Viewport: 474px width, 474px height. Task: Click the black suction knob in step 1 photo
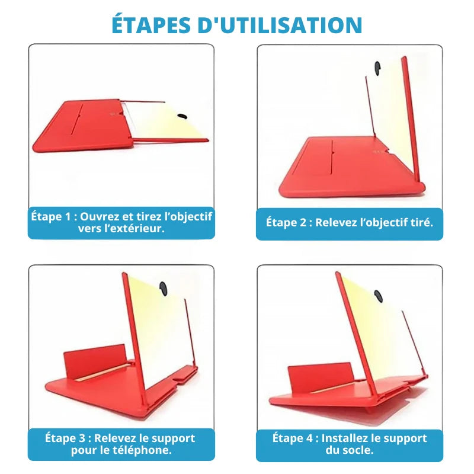tap(182, 116)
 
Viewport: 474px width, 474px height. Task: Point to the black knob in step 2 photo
tap(377, 68)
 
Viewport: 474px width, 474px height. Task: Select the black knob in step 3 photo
tap(164, 289)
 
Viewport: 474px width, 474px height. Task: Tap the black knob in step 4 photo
tap(378, 296)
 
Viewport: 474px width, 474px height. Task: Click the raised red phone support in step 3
tap(95, 360)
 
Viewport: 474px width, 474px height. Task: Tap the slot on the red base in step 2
tap(332, 157)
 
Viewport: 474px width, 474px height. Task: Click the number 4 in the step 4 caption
tap(310, 438)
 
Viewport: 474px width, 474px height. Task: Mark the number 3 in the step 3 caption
tap(82, 438)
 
